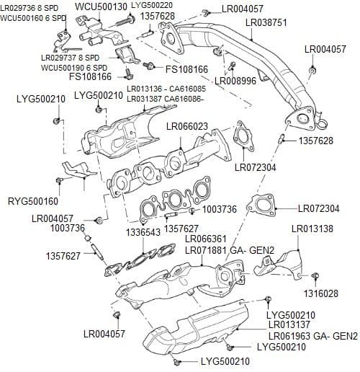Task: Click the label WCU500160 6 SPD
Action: pos(34,17)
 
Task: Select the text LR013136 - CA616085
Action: pos(166,89)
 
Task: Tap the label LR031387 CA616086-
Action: pos(165,98)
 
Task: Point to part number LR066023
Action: pos(187,126)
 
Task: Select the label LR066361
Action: pos(206,239)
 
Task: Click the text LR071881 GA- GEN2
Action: pos(230,250)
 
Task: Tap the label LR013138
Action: pos(312,229)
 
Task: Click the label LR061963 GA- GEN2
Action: pos(312,336)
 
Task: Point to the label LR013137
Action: pos(288,326)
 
